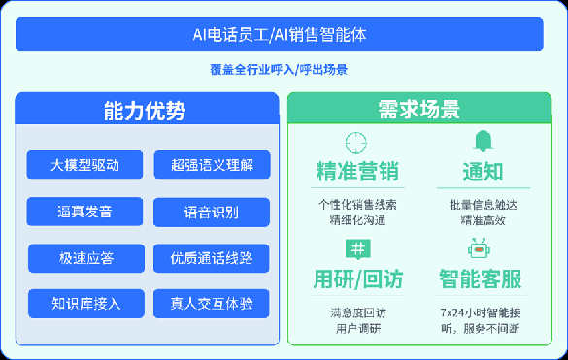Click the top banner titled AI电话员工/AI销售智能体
pyautogui.click(x=280, y=34)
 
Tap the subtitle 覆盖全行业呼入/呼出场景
pyautogui.click(x=279, y=70)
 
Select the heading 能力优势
pyautogui.click(x=145, y=111)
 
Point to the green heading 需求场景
pyautogui.click(x=419, y=109)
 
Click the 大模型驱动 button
pyautogui.click(x=84, y=165)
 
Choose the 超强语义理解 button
pyautogui.click(x=213, y=165)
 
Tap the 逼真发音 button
pyautogui.click(x=84, y=212)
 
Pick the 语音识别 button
pyautogui.click(x=212, y=213)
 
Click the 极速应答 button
pyautogui.click(x=86, y=258)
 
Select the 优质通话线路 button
pyautogui.click(x=212, y=258)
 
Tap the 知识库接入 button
pyautogui.click(x=86, y=304)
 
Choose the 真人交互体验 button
pyautogui.click(x=212, y=304)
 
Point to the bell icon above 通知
pyautogui.click(x=484, y=142)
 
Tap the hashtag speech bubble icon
pyautogui.click(x=358, y=249)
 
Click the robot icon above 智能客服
pyautogui.click(x=479, y=248)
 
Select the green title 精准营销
pyautogui.click(x=357, y=171)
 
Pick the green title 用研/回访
pyautogui.click(x=358, y=278)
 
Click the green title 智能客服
pyautogui.click(x=481, y=278)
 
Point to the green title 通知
pyautogui.click(x=484, y=172)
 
